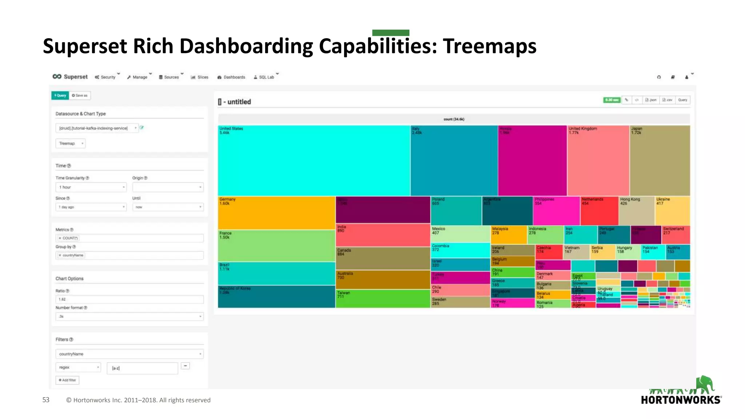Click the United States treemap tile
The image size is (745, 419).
[314, 160]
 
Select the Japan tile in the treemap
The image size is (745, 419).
[660, 160]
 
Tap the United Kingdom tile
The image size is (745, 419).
[598, 160]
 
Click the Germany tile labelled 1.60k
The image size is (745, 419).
[276, 213]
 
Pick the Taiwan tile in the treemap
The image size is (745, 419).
[383, 299]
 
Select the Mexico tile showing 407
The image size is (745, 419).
[460, 234]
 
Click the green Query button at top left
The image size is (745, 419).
[60, 95]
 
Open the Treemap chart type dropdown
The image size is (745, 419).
[71, 143]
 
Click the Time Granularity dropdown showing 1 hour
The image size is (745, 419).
[91, 187]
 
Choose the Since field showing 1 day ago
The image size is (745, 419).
[91, 207]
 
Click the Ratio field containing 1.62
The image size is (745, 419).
[129, 299]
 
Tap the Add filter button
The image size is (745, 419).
[67, 380]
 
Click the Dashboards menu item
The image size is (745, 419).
[231, 77]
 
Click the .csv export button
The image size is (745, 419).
[667, 100]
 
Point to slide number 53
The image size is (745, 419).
[46, 400]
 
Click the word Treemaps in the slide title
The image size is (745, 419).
[489, 47]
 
